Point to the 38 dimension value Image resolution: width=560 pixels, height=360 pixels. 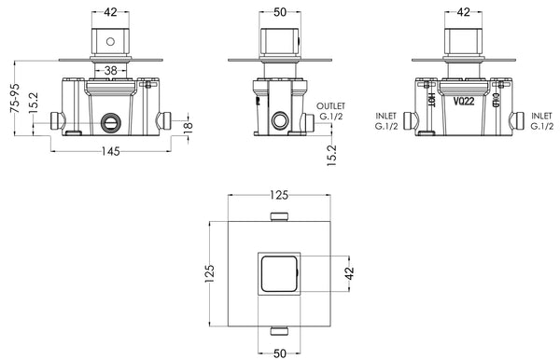point(111,69)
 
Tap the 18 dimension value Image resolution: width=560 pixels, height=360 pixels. point(188,127)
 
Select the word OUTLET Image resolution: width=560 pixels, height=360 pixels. point(332,107)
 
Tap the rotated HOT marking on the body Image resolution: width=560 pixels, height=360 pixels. point(429,97)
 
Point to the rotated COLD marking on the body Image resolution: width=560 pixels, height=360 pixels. point(497,97)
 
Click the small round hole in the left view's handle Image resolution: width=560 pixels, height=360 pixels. point(111,42)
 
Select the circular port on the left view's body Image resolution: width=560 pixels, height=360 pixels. point(112,122)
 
